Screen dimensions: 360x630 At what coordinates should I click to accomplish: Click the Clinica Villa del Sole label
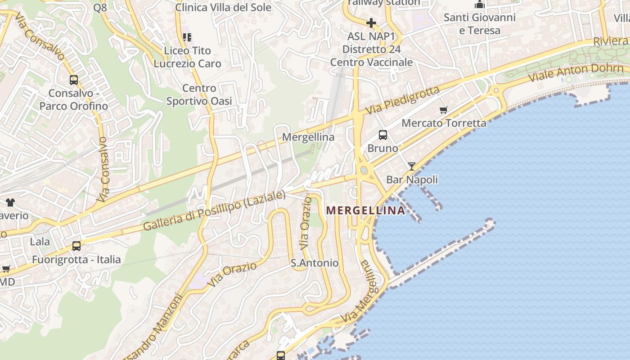pyautogui.click(x=223, y=7)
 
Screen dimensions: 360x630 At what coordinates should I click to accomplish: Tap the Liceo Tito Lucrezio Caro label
pyautogui.click(x=188, y=57)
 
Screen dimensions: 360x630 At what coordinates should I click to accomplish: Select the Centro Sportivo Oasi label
pyautogui.click(x=199, y=94)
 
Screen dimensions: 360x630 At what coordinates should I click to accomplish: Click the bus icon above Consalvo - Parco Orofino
pyautogui.click(x=74, y=80)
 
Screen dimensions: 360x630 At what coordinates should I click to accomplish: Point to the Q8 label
pyautogui.click(x=100, y=7)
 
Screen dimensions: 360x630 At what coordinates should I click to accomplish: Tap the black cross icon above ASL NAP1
pyautogui.click(x=371, y=22)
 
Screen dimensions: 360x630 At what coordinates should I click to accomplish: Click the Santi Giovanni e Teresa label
pyautogui.click(x=479, y=24)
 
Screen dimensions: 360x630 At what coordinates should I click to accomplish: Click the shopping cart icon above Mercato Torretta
pyautogui.click(x=444, y=110)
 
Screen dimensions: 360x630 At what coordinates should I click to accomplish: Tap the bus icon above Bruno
pyautogui.click(x=383, y=135)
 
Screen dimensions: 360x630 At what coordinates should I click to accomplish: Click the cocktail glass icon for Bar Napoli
pyautogui.click(x=412, y=166)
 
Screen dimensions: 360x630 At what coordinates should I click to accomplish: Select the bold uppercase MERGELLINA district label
pyautogui.click(x=365, y=210)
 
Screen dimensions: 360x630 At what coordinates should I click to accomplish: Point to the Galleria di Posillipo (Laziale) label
pyautogui.click(x=214, y=211)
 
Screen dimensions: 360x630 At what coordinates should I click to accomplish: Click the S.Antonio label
pyautogui.click(x=315, y=263)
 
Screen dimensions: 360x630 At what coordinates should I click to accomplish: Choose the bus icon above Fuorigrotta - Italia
pyautogui.click(x=76, y=246)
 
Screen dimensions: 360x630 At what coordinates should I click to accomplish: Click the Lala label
pyautogui.click(x=40, y=242)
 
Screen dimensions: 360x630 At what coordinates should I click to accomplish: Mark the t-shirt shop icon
pyautogui.click(x=10, y=202)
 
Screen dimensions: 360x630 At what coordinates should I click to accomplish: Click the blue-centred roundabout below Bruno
pyautogui.click(x=364, y=170)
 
